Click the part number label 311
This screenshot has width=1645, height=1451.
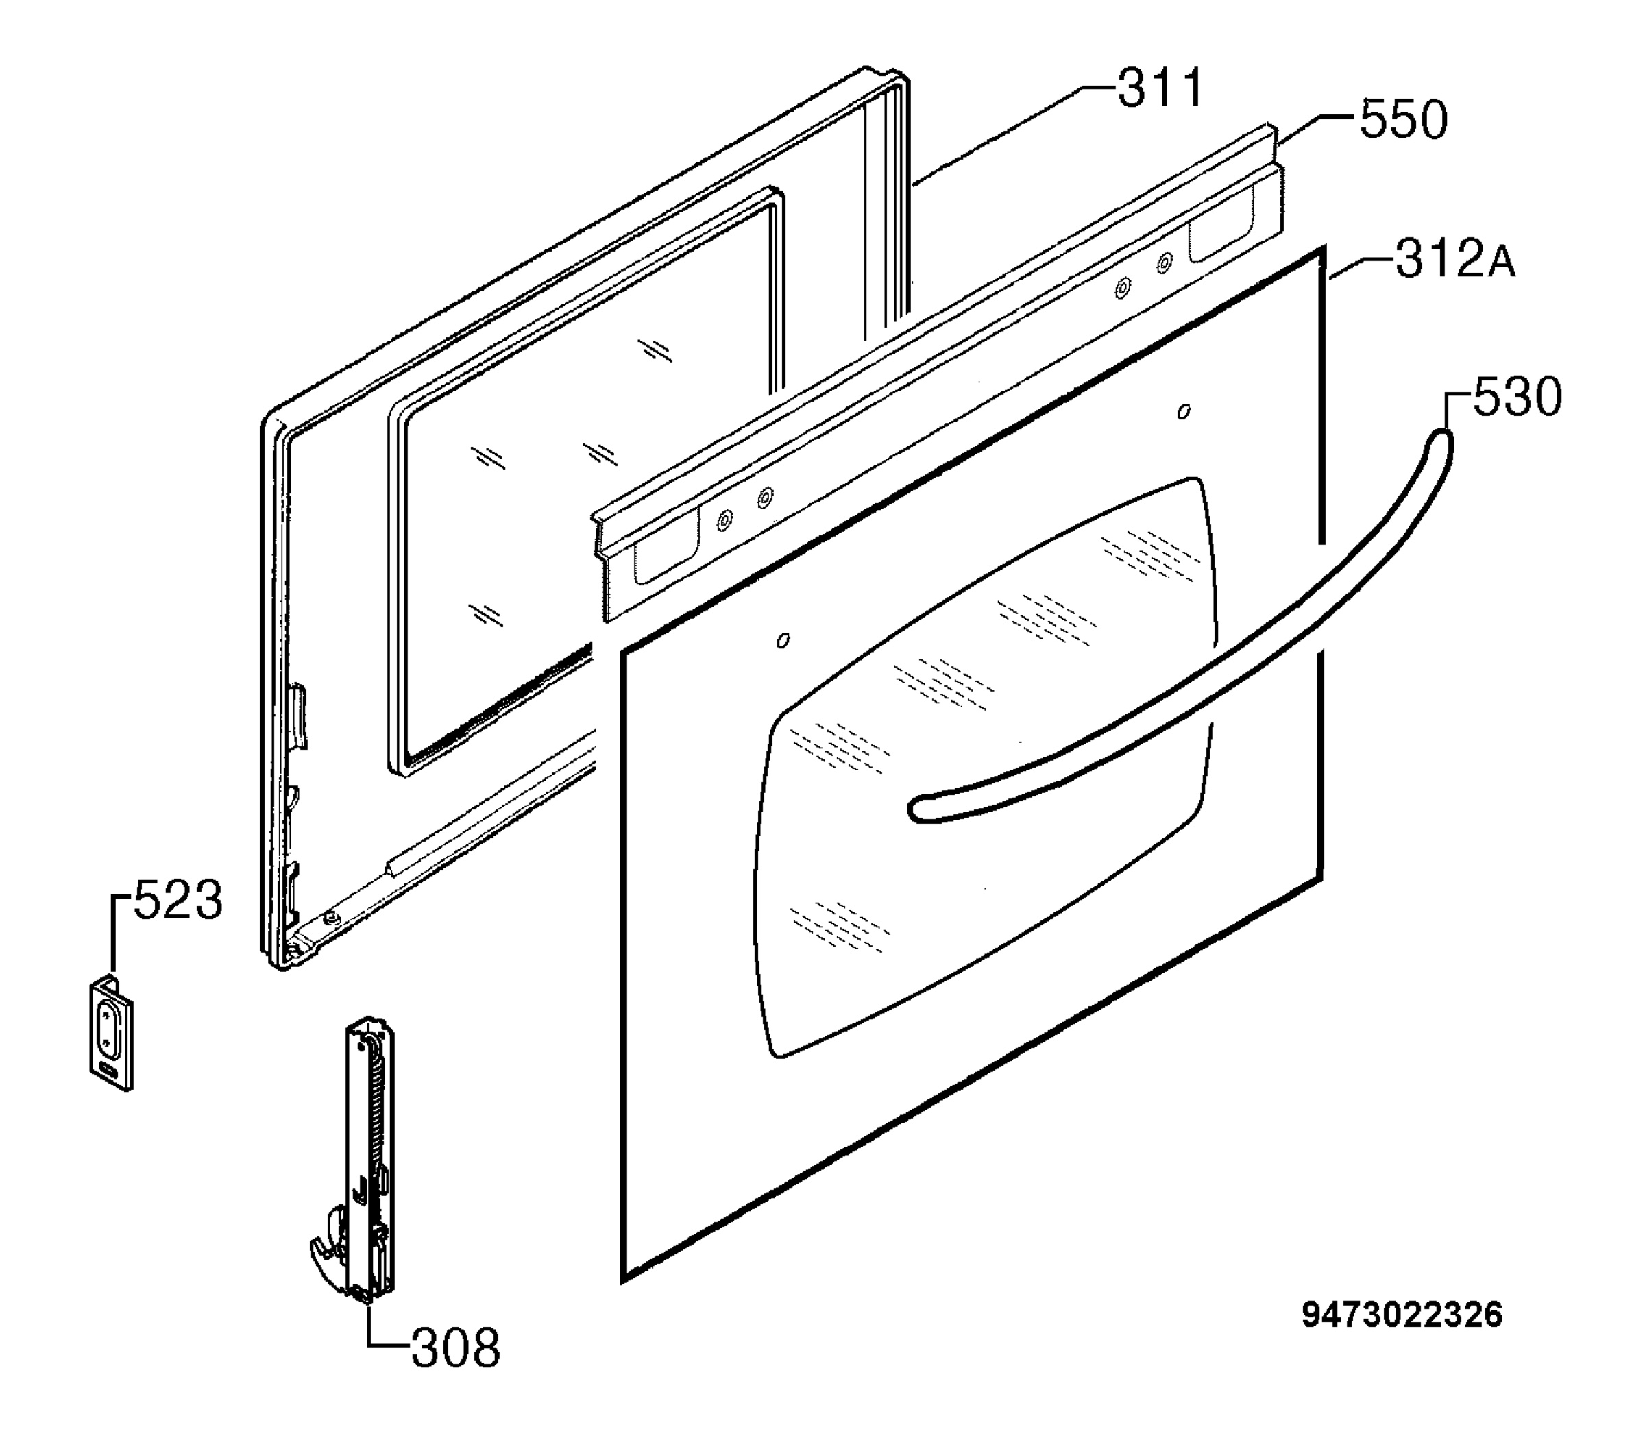[1160, 88]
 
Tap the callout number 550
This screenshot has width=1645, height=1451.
[1404, 120]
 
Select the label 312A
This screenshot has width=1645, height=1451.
[1455, 259]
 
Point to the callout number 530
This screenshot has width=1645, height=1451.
[1517, 397]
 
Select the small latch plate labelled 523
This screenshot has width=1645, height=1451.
[110, 1034]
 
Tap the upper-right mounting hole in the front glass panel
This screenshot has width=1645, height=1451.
[1184, 412]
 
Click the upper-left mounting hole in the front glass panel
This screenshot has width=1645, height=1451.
[783, 641]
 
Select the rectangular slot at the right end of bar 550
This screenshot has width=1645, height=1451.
[1221, 228]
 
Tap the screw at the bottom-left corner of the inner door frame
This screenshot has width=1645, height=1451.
[329, 918]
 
